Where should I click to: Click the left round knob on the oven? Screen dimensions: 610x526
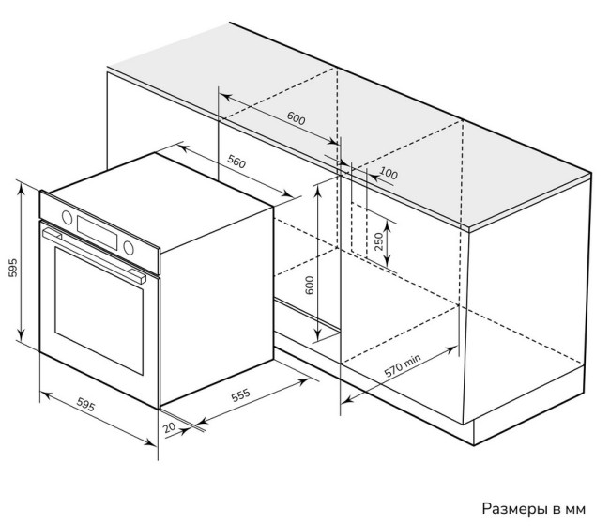[67, 218]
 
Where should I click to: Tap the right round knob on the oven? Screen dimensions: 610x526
[129, 248]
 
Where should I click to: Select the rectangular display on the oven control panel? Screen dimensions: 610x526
[98, 232]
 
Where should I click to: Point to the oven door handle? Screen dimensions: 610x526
[94, 255]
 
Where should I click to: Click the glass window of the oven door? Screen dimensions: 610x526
[99, 310]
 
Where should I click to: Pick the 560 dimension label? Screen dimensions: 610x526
[236, 162]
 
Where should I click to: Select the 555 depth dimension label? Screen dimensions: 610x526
[241, 394]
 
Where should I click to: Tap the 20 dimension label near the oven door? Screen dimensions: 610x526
[170, 427]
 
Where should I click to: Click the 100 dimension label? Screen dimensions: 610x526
[389, 173]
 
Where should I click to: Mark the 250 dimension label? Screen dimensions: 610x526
[378, 241]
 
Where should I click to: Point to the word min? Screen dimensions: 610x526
[412, 361]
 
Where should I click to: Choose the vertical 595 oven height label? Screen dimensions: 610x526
[13, 268]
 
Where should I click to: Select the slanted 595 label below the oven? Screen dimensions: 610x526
[85, 405]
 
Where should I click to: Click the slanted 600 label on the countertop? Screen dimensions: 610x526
[296, 118]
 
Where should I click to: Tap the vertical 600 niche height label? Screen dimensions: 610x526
[310, 285]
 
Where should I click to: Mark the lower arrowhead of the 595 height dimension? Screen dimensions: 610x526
[21, 334]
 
